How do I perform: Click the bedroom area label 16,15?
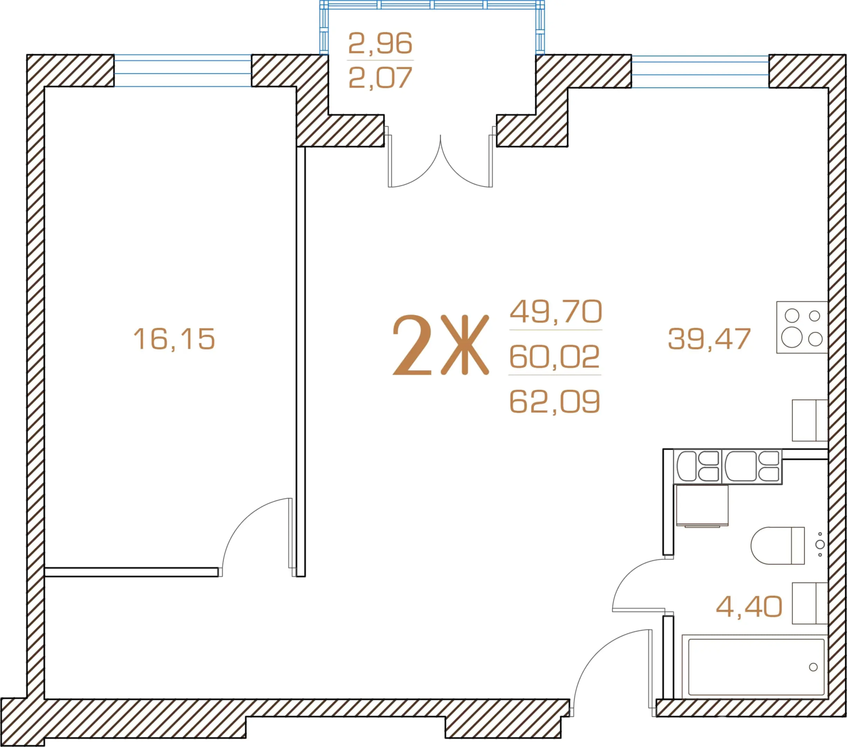pos(174,339)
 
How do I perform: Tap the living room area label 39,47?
pos(709,339)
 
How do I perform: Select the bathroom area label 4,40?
pos(749,606)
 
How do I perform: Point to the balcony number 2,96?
pos(380,43)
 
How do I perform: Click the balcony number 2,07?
pos(380,78)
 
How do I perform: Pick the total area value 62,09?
pos(554,402)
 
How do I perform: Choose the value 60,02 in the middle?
pos(554,357)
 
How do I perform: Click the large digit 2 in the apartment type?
pos(412,345)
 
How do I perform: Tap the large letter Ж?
pos(465,345)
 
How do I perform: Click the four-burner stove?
pos(802,327)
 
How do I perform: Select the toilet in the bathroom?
pos(778,545)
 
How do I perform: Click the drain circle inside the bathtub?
pos(813,667)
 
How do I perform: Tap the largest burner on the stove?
pos(792,337)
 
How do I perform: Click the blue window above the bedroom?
pos(183,70)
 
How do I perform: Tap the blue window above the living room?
pos(700,71)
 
